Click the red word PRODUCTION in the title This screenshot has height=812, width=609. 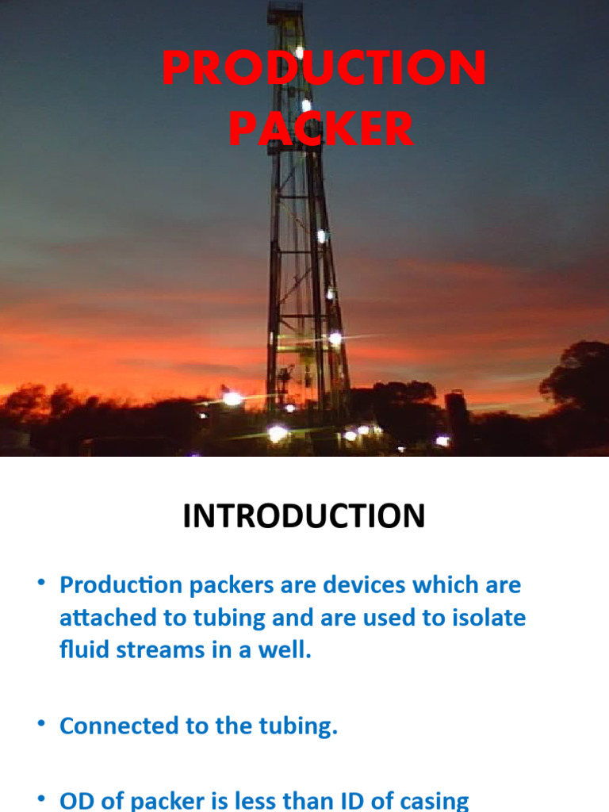click(324, 69)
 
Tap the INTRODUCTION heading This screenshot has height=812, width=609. click(304, 516)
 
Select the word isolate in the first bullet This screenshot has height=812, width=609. click(488, 618)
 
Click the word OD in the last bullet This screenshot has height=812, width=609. click(76, 800)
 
